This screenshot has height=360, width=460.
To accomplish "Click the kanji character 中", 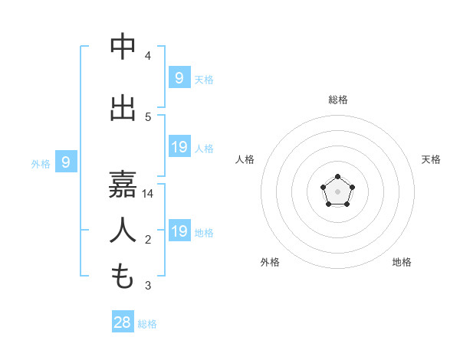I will click(x=123, y=47).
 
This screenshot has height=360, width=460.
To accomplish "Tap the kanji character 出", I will click(x=123, y=108).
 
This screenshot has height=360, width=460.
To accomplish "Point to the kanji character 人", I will click(x=123, y=231).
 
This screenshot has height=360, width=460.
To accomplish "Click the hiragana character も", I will click(x=123, y=277).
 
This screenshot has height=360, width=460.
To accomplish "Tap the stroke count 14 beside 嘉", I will click(x=148, y=195).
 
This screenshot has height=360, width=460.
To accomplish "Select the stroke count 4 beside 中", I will click(x=148, y=56).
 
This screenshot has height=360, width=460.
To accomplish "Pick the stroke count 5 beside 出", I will click(x=148, y=117).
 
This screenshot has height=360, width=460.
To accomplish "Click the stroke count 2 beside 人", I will click(x=148, y=241).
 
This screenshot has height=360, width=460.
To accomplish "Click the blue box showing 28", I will click(x=123, y=322).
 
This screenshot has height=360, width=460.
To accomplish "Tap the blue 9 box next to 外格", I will click(x=66, y=162).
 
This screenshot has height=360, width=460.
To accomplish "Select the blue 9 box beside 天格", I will click(x=179, y=77).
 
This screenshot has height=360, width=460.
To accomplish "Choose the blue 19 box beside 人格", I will click(x=179, y=146).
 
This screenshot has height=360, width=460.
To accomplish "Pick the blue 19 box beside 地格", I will click(x=179, y=231).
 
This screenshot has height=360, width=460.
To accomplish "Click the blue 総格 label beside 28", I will click(x=147, y=324).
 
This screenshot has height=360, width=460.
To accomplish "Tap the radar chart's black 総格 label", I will click(x=337, y=100).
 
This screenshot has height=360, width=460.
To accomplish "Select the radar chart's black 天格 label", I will click(x=431, y=159).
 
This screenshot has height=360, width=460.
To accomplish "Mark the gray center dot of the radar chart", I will click(x=337, y=191).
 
